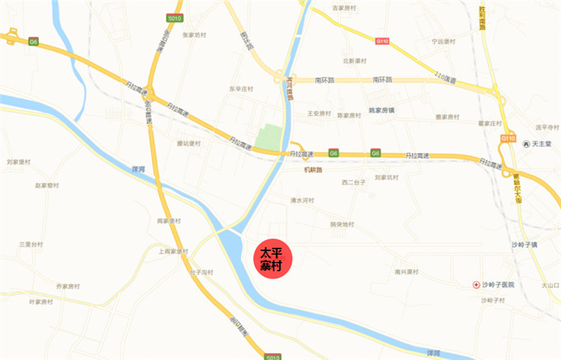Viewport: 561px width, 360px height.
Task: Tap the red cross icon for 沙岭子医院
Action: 476,284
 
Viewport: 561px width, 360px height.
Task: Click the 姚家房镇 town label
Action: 381,110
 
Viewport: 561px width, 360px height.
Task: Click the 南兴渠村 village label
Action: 407,272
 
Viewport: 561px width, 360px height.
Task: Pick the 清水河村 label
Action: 302,201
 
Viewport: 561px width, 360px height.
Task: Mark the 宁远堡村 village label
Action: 444,40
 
